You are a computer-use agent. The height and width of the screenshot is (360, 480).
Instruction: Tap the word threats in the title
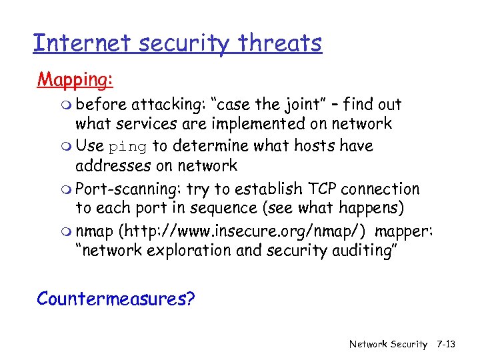[283, 43]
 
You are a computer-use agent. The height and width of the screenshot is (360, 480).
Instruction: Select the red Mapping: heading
[75, 80]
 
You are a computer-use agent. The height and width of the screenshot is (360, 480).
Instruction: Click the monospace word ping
[127, 147]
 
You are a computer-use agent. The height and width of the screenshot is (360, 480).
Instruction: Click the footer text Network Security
[388, 344]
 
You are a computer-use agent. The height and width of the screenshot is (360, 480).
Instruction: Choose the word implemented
[265, 123]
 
